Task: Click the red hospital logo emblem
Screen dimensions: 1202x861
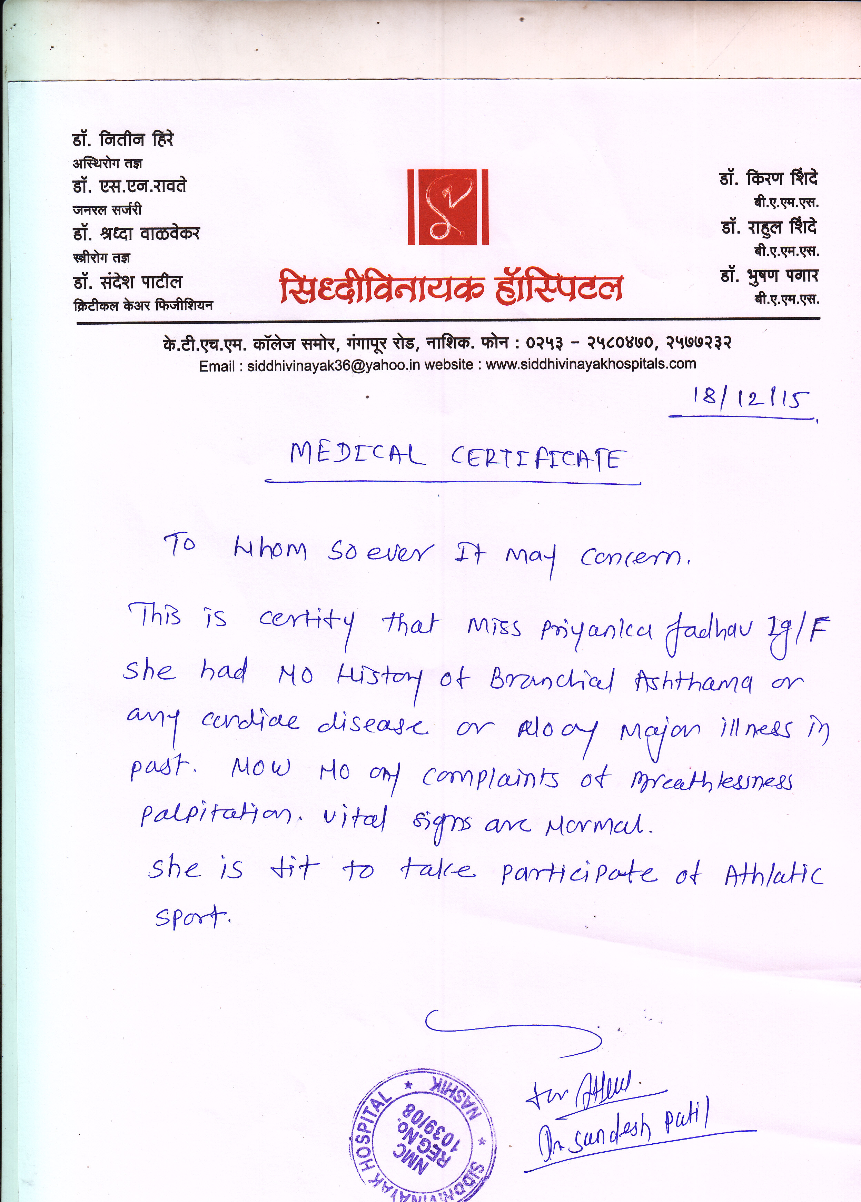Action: point(448,207)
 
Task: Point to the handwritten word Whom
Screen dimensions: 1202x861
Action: point(270,551)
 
